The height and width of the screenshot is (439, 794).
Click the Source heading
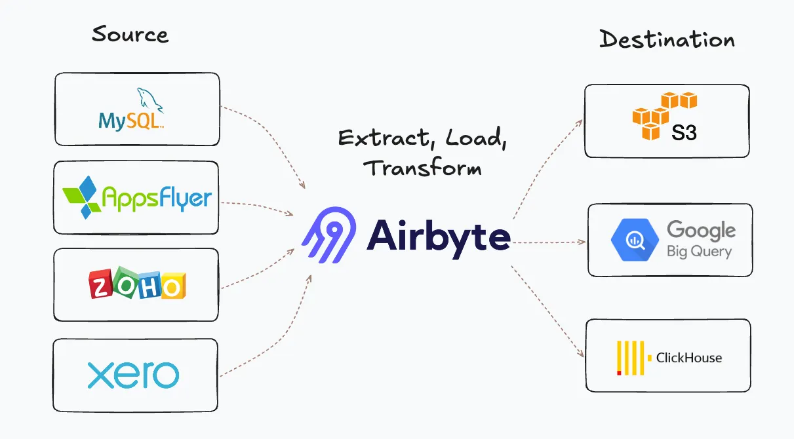[130, 34]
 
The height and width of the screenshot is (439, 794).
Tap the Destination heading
[667, 39]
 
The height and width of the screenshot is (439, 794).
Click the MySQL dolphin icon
[150, 100]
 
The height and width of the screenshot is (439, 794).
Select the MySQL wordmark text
[131, 121]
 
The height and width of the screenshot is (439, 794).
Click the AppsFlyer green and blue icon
[82, 197]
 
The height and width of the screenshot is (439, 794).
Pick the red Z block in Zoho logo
[100, 284]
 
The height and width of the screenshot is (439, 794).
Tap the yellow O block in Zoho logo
[173, 286]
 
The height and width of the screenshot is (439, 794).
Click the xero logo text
[133, 375]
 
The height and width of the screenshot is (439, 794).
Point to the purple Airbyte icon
[329, 235]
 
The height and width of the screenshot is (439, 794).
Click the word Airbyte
[439, 238]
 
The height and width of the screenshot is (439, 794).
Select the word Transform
[422, 167]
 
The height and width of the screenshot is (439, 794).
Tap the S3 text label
[684, 133]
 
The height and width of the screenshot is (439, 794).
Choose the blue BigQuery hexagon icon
[635, 240]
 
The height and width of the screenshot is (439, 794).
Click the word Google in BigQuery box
[701, 230]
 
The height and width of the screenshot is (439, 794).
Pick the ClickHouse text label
[688, 358]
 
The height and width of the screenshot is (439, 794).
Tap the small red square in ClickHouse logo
[619, 373]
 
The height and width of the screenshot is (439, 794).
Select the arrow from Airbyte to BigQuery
[549, 242]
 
